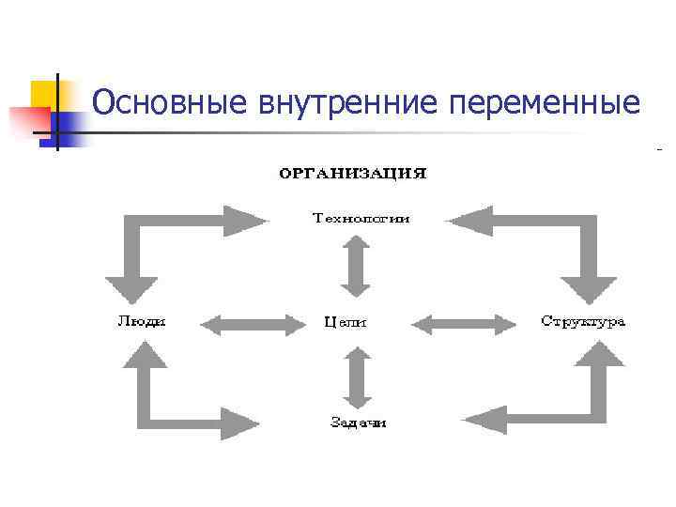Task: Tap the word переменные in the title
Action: click(545, 101)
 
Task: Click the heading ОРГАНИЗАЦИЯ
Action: click(352, 174)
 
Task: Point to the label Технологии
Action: click(361, 220)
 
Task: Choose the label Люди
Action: click(142, 322)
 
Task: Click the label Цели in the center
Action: click(346, 323)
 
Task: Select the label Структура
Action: click(583, 322)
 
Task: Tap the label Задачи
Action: click(358, 422)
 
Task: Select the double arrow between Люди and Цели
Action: click(254, 325)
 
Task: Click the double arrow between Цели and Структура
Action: click(465, 325)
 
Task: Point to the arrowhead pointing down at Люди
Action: click(131, 288)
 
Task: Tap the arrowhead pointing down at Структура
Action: click(588, 288)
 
